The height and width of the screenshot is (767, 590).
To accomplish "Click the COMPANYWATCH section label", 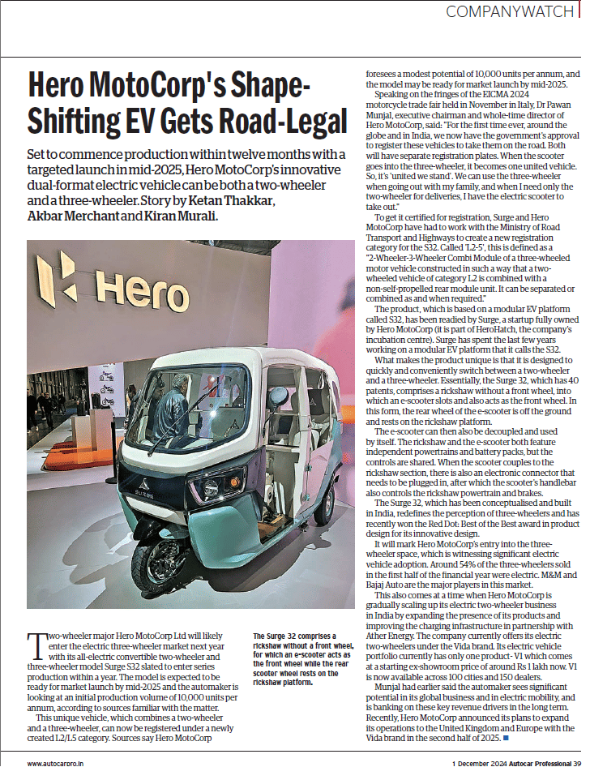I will pyautogui.click(x=510, y=12).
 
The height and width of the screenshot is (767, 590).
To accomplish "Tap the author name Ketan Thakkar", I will pyautogui.click(x=227, y=200).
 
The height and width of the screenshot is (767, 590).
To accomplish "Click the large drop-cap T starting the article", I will pyautogui.click(x=36, y=645).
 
